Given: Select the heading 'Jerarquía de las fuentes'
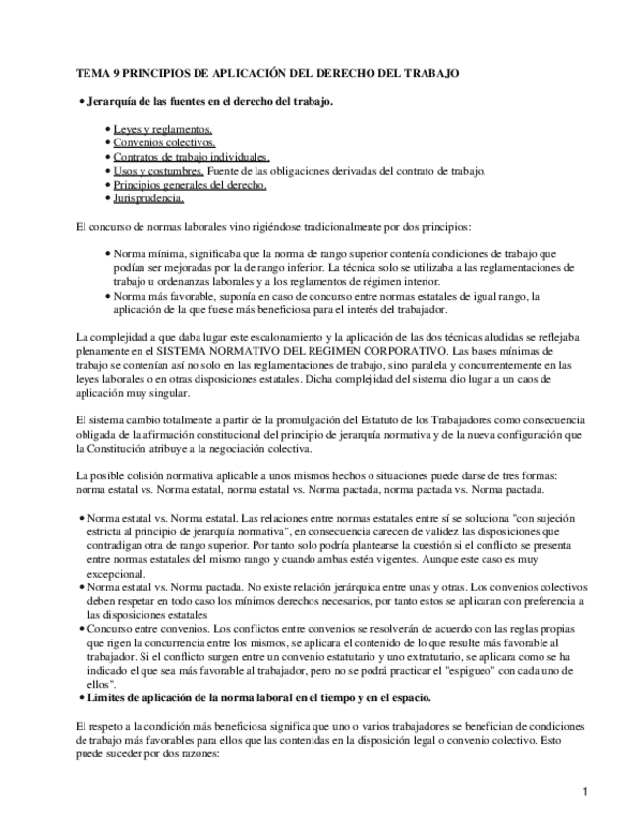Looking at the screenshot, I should [147, 101].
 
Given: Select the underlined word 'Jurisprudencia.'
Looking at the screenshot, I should [148, 197].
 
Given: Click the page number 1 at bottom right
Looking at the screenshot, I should [585, 792].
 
